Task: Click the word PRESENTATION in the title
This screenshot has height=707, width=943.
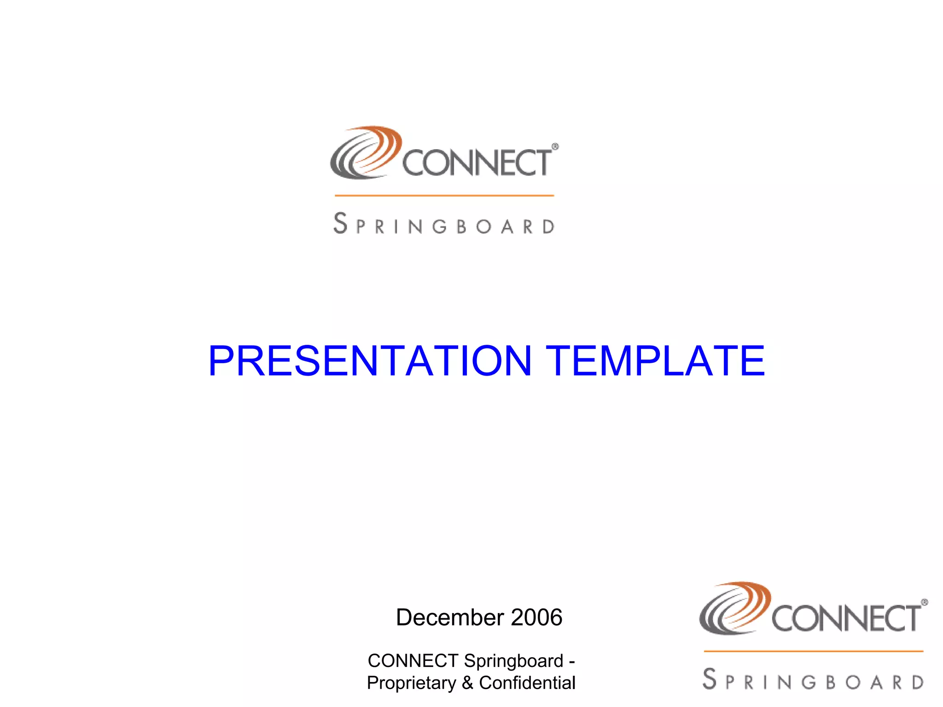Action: [370, 361]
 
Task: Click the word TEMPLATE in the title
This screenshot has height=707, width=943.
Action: [655, 361]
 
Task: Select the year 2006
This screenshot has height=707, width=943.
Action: [536, 617]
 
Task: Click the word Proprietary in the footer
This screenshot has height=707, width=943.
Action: [411, 683]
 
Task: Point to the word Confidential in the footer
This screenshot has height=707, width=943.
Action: [527, 683]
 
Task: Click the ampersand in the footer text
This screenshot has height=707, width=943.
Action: [467, 683]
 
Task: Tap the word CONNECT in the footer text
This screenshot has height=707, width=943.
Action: [413, 661]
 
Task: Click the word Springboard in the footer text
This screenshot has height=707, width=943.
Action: [513, 661]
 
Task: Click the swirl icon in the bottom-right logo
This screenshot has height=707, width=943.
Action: [734, 608]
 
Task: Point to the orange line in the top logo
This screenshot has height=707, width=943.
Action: [444, 196]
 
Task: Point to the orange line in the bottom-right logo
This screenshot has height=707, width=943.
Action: [813, 651]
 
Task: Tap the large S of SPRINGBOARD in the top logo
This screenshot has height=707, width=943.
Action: [340, 223]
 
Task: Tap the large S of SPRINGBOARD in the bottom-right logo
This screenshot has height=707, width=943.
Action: [710, 679]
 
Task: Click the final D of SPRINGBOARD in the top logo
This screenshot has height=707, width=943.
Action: [548, 226]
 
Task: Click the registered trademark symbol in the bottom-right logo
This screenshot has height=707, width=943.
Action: [924, 603]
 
